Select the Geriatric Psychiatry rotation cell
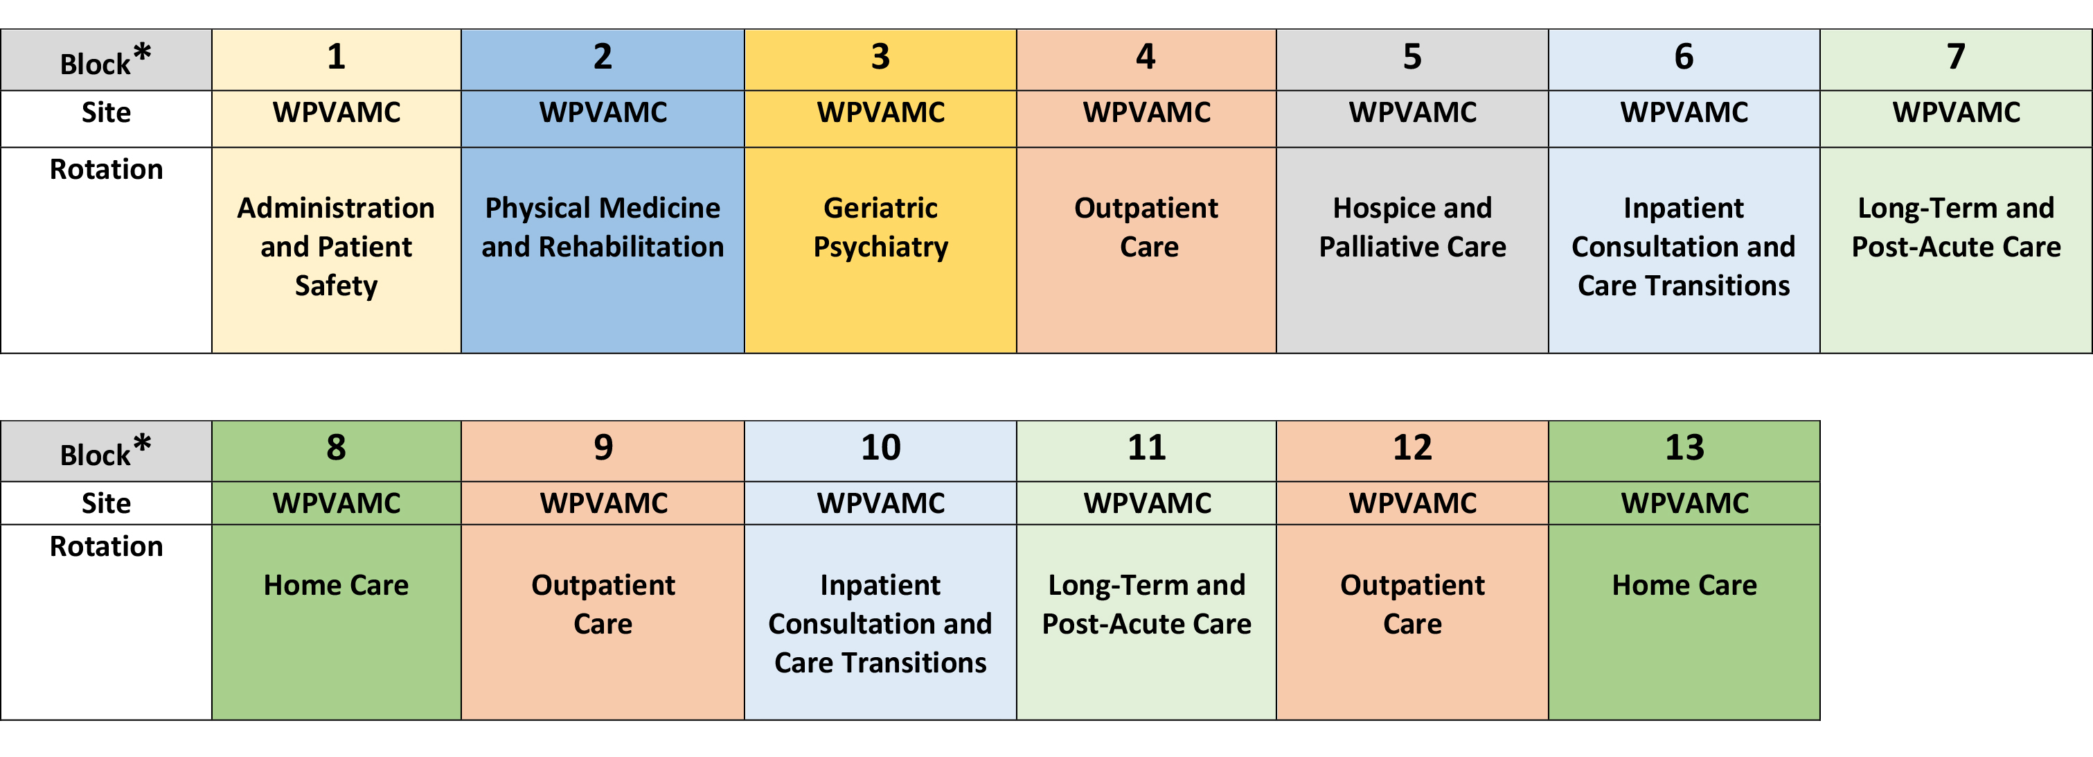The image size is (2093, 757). coord(880,250)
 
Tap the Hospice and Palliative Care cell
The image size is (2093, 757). coord(1412,250)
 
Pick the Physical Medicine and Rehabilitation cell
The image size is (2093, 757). coord(602,250)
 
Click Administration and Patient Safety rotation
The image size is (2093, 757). coord(337,250)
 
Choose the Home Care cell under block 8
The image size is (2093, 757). coord(337,622)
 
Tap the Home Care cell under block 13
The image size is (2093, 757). coord(1684,622)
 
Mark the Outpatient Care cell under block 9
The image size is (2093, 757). coord(602,622)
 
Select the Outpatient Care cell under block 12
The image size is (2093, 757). coord(1412,622)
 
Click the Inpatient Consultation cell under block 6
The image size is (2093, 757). coord(1684,250)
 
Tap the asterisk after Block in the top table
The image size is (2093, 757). coord(142,53)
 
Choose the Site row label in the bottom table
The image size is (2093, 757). coord(106,503)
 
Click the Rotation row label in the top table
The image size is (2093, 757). coord(106,169)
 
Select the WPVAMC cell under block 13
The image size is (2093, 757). coord(1684,503)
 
